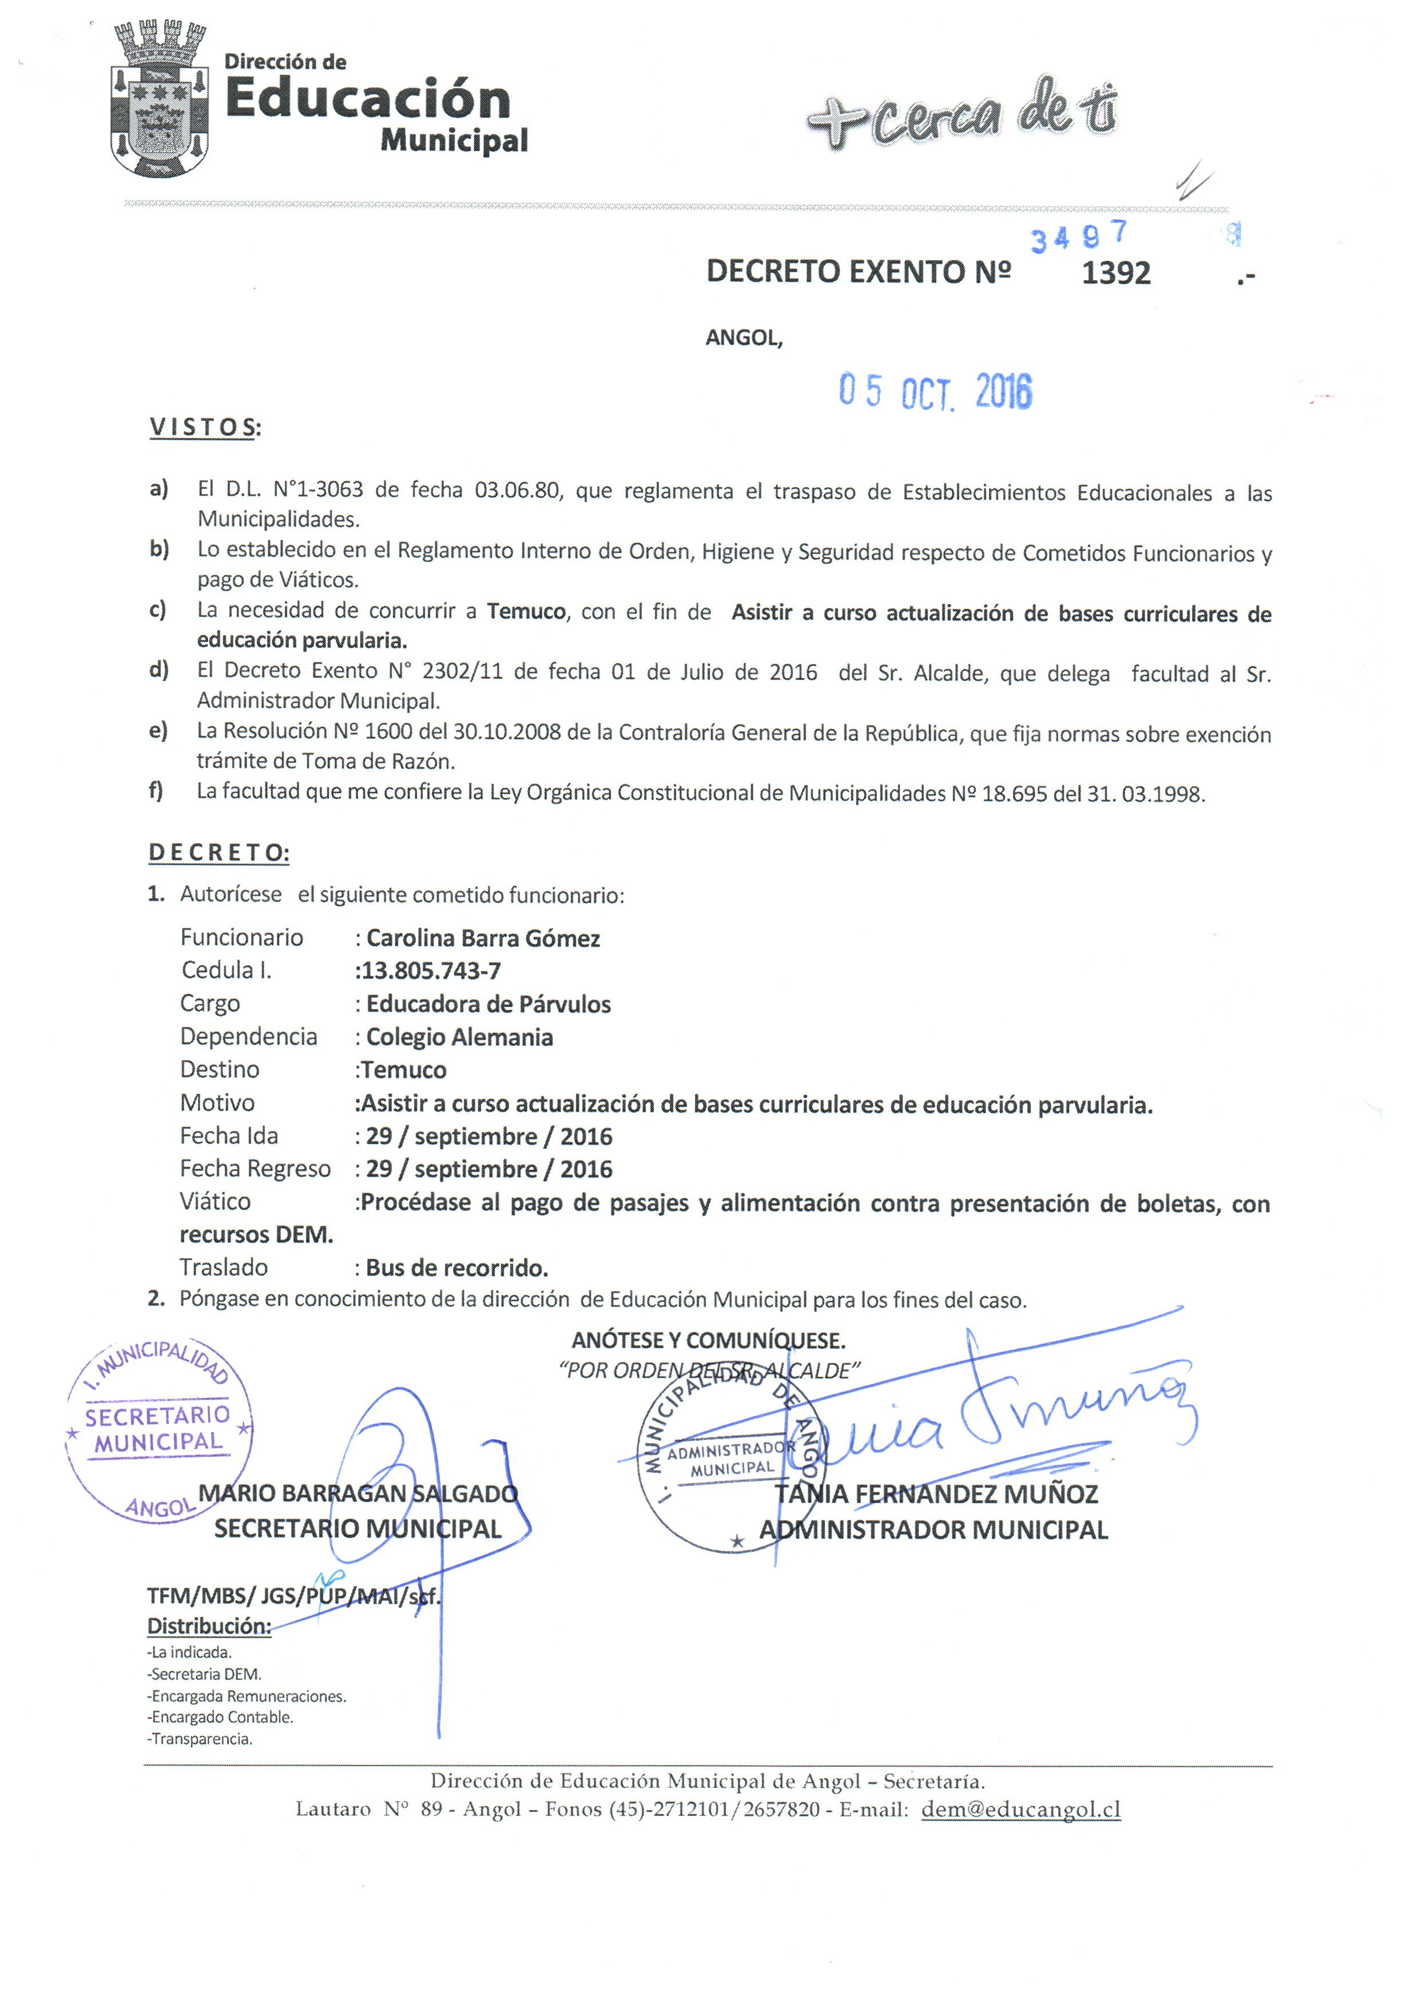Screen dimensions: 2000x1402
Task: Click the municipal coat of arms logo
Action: pyautogui.click(x=160, y=98)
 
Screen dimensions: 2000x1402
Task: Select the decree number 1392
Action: pyautogui.click(x=1115, y=273)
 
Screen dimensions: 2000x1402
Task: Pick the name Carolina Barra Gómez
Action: pyautogui.click(x=483, y=938)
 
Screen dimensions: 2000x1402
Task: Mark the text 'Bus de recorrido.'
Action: pyautogui.click(x=456, y=1268)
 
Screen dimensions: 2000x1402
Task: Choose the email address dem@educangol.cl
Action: pyautogui.click(x=1020, y=1809)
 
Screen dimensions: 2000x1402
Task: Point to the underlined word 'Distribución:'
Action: pyautogui.click(x=209, y=1626)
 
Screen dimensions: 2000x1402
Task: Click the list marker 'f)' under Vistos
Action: pyautogui.click(x=157, y=792)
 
